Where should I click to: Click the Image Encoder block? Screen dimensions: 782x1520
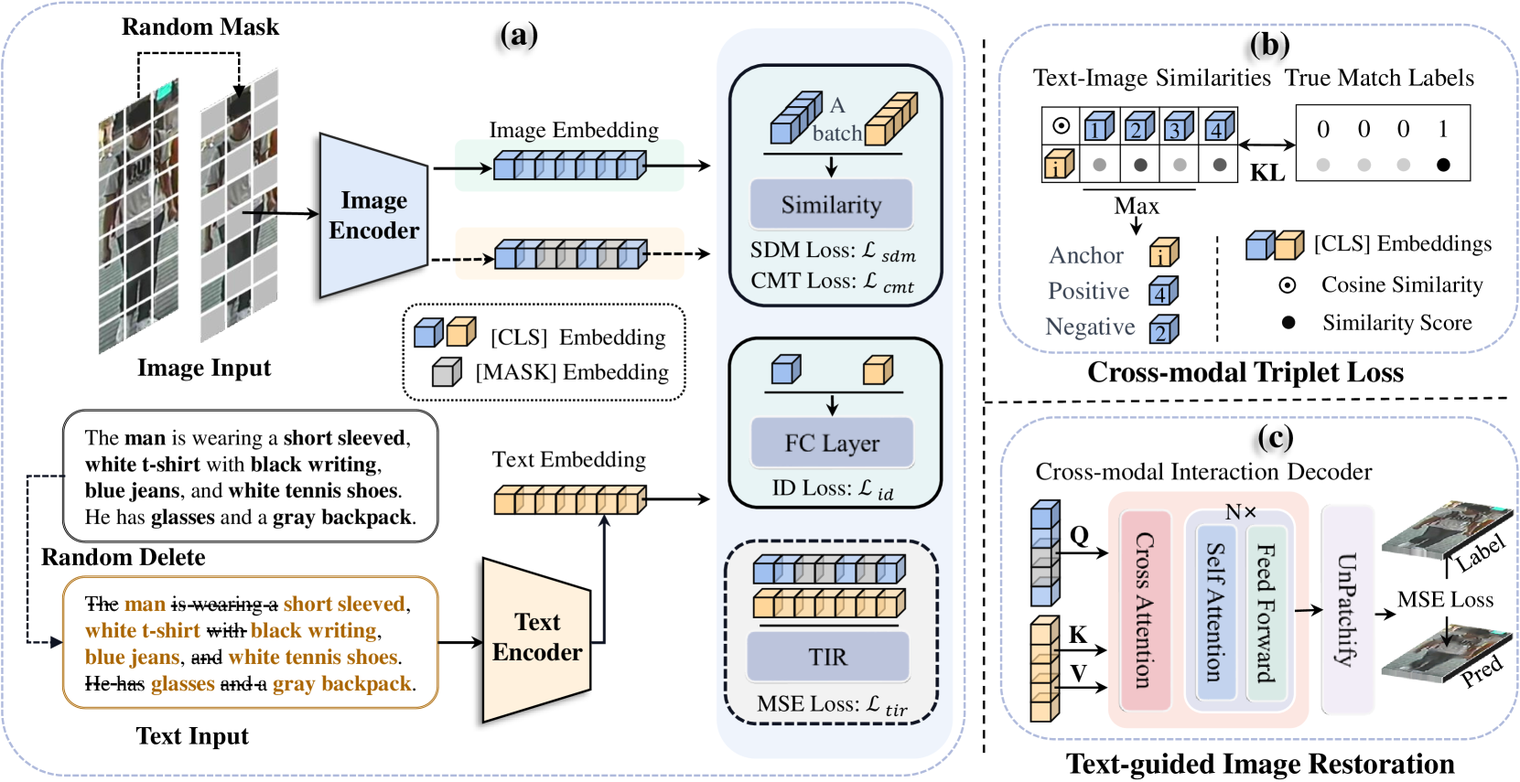(373, 216)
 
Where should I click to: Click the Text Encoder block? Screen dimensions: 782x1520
(536, 637)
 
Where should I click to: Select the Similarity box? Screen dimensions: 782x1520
(831, 205)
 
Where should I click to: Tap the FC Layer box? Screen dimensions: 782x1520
(832, 444)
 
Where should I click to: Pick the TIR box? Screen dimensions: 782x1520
(828, 657)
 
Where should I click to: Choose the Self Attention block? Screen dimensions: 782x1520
(1215, 612)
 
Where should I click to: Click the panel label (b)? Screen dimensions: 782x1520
(1269, 45)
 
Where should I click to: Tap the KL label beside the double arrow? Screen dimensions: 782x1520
(1267, 172)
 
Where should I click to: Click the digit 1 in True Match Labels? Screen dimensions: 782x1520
(1443, 130)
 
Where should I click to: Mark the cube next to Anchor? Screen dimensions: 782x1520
(1164, 252)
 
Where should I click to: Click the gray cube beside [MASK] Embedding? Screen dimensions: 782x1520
(447, 371)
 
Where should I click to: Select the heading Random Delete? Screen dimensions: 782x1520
(123, 557)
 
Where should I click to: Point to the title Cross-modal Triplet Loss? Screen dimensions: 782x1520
(1245, 372)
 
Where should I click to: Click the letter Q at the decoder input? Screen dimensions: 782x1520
(1079, 535)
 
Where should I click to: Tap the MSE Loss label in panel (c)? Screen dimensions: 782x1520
(1445, 600)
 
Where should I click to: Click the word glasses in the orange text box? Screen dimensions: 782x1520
(183, 683)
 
